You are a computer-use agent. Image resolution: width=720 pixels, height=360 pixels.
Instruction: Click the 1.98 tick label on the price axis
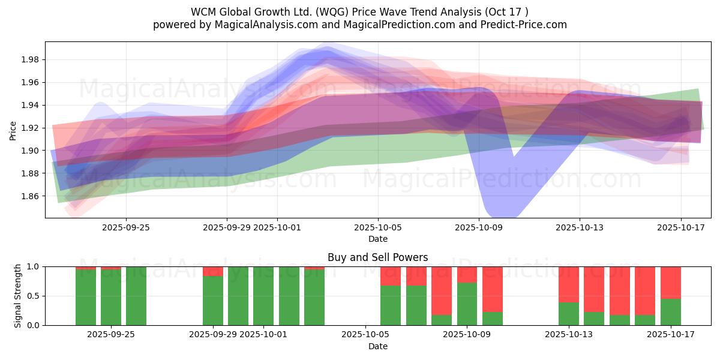pyautogui.click(x=31, y=59)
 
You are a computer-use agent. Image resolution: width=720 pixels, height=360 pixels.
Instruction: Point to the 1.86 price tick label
pyautogui.click(x=31, y=196)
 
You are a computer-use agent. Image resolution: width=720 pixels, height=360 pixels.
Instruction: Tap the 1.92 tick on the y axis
pyautogui.click(x=31, y=128)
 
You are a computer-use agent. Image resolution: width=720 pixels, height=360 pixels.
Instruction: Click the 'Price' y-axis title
pyautogui.click(x=13, y=130)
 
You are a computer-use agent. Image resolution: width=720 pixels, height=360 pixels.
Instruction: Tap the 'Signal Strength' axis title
pyautogui.click(x=18, y=295)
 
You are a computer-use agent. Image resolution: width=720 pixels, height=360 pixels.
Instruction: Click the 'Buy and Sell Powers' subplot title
pyautogui.click(x=377, y=257)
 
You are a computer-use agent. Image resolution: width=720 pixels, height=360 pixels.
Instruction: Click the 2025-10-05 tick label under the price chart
pyautogui.click(x=378, y=227)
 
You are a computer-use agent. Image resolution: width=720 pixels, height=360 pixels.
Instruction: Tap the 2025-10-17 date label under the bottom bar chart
pyautogui.click(x=670, y=334)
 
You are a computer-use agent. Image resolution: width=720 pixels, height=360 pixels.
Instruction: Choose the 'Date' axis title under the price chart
pyautogui.click(x=377, y=239)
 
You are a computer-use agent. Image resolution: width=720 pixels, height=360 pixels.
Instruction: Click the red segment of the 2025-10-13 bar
pyautogui.click(x=569, y=284)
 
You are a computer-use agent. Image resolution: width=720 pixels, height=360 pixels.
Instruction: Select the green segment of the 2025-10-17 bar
pyautogui.click(x=670, y=312)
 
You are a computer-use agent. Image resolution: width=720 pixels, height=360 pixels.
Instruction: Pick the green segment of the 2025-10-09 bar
pyautogui.click(x=467, y=304)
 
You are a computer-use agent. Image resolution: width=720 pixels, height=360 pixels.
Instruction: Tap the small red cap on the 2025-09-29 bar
pyautogui.click(x=212, y=271)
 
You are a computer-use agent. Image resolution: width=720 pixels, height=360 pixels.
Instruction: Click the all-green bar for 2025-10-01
pyautogui.click(x=263, y=296)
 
